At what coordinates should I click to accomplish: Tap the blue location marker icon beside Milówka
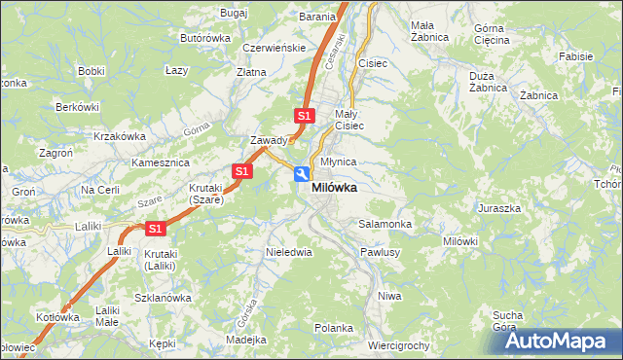click(x=302, y=174)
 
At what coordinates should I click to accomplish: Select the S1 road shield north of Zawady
click(x=305, y=116)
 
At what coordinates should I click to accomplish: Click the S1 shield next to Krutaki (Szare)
click(x=242, y=171)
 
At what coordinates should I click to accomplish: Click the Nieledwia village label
click(x=288, y=252)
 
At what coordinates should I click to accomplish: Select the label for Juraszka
click(x=499, y=208)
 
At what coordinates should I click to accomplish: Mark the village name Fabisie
click(x=575, y=56)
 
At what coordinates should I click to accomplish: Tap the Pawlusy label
click(x=381, y=252)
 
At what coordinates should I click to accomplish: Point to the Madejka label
click(x=245, y=340)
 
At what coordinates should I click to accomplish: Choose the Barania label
click(x=317, y=17)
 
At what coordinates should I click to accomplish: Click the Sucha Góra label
click(x=508, y=320)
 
